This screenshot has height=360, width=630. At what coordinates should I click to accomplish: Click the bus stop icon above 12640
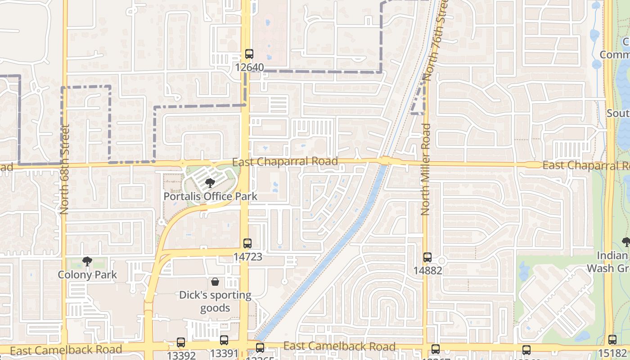[x=249, y=54]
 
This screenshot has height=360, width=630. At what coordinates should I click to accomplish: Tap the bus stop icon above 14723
[x=247, y=243]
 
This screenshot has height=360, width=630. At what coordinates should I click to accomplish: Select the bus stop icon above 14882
[x=427, y=257]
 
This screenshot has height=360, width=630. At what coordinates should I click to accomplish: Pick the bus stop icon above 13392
[x=181, y=342]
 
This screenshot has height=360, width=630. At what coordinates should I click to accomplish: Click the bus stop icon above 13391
[x=224, y=340]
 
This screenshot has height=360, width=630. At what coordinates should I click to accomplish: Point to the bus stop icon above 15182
[x=612, y=340]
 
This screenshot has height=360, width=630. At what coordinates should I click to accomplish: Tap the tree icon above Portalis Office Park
[x=210, y=183]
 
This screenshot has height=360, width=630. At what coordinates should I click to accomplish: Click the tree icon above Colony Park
[x=87, y=261]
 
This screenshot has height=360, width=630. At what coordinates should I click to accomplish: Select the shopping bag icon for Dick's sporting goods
[x=215, y=282]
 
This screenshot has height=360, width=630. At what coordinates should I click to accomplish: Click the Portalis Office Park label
[x=210, y=196]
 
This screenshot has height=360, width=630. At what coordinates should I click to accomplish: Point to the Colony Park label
[x=87, y=274]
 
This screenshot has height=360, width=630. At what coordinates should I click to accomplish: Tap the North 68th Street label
[x=65, y=169]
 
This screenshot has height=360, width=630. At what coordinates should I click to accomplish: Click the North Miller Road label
[x=426, y=169]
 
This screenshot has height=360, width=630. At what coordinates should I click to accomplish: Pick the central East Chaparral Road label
[x=285, y=161]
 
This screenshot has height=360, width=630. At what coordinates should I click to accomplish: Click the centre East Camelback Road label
[x=339, y=346]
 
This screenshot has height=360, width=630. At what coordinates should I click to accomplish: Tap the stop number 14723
[x=247, y=256]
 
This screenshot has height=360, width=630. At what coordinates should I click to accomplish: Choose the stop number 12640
[x=249, y=67]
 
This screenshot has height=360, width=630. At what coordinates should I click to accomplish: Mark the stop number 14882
[x=427, y=270]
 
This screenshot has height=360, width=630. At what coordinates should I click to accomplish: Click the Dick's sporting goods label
[x=215, y=301]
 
